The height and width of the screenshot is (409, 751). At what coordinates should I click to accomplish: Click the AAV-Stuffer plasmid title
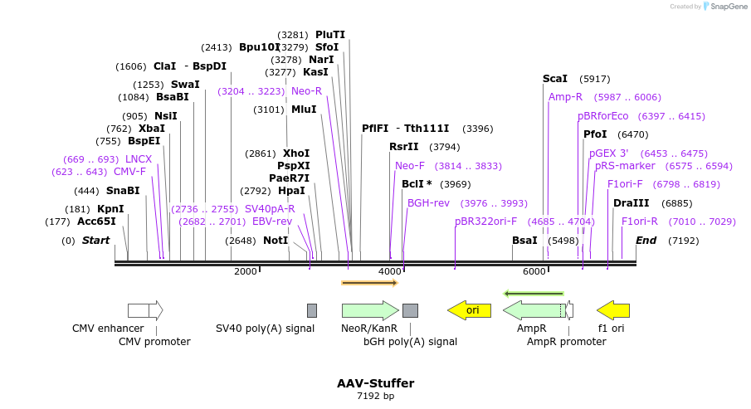[375, 383]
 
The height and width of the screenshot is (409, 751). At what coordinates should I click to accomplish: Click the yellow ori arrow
[470, 310]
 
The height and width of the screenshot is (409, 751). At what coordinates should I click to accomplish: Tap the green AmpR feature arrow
[535, 310]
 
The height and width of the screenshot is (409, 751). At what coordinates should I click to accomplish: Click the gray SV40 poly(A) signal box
[312, 310]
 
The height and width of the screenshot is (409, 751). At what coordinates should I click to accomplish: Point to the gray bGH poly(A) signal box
[410, 310]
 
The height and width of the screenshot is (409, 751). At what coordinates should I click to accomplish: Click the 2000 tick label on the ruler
[246, 271]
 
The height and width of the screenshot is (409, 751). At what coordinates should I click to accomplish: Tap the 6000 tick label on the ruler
[534, 271]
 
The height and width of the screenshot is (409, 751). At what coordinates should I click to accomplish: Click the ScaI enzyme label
[555, 79]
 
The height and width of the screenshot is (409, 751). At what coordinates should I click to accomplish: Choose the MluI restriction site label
[303, 109]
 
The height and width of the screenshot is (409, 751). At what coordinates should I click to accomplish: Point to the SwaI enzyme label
[185, 85]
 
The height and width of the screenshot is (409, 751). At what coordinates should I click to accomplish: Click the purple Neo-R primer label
[306, 90]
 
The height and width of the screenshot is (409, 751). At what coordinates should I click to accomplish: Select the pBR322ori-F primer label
[486, 222]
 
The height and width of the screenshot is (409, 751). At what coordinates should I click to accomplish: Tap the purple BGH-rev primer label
[428, 202]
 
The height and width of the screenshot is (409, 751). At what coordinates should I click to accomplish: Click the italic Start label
[95, 241]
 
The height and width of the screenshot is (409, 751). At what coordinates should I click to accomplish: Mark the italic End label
[646, 241]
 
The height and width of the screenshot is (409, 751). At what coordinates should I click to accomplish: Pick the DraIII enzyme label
[631, 203]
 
